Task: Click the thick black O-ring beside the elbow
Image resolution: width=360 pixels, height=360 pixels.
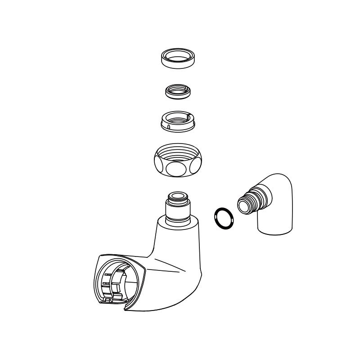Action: click(x=224, y=218)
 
